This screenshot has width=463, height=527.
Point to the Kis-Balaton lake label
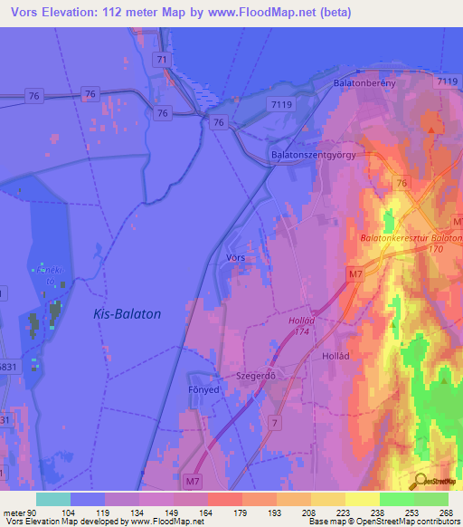coord(127,314)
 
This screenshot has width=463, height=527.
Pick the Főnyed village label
coord(205,390)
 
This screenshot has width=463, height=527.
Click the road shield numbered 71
coord(161,60)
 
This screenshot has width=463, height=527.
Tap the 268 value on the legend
coord(446,512)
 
